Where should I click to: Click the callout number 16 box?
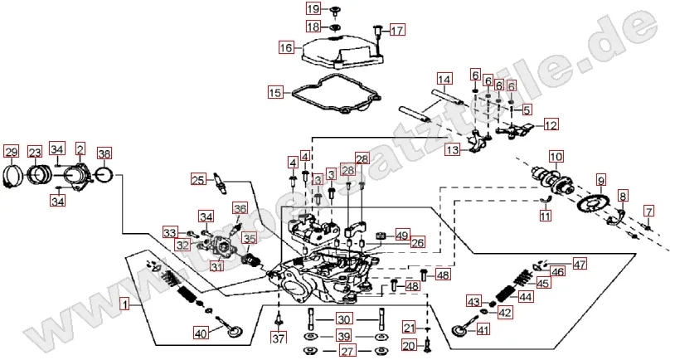286,48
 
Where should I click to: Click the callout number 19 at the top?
312,9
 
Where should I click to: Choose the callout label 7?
649,211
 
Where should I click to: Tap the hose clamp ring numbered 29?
12,174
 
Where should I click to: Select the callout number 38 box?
104,153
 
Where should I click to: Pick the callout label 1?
124,304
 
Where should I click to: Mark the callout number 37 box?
279,338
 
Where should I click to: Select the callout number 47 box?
579,265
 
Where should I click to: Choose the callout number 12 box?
551,125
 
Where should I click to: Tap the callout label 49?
401,234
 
